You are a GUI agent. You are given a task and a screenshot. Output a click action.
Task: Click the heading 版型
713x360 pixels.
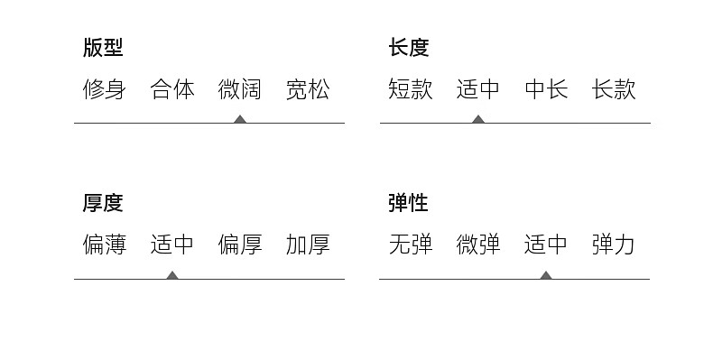(103, 47)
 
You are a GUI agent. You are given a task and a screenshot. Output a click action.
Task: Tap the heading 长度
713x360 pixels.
(408, 47)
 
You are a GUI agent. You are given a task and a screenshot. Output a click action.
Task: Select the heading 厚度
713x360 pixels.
(103, 203)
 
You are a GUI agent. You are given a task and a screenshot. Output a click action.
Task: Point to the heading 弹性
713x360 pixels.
(408, 203)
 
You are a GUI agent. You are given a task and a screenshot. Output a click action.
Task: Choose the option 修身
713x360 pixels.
(104, 89)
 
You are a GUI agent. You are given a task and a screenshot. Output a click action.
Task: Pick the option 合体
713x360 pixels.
(171, 89)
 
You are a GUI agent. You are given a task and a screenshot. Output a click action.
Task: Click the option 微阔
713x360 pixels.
(240, 89)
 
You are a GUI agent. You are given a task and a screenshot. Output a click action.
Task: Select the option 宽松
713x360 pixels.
(308, 89)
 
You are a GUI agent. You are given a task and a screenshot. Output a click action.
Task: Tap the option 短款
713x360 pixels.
(410, 89)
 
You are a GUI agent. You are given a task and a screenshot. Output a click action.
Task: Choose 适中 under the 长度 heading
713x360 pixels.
(478, 89)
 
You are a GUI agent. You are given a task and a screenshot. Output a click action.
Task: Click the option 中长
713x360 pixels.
(546, 89)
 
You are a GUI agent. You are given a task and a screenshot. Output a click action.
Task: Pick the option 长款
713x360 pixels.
(614, 89)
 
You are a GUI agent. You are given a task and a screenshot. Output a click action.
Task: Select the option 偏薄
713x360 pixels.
(104, 245)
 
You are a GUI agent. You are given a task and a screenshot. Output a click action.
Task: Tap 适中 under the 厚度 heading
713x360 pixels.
(171, 245)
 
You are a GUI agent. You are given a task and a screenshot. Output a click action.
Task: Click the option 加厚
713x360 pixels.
(308, 245)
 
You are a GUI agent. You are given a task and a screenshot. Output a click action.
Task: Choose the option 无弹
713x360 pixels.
(410, 245)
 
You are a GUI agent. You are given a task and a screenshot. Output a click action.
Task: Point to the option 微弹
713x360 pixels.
(478, 245)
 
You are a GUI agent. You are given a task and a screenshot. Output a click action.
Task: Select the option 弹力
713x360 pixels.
(614, 245)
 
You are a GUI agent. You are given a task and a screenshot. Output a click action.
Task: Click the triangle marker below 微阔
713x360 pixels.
(240, 119)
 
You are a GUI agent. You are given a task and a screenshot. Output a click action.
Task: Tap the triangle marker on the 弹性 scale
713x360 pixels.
(546, 275)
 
